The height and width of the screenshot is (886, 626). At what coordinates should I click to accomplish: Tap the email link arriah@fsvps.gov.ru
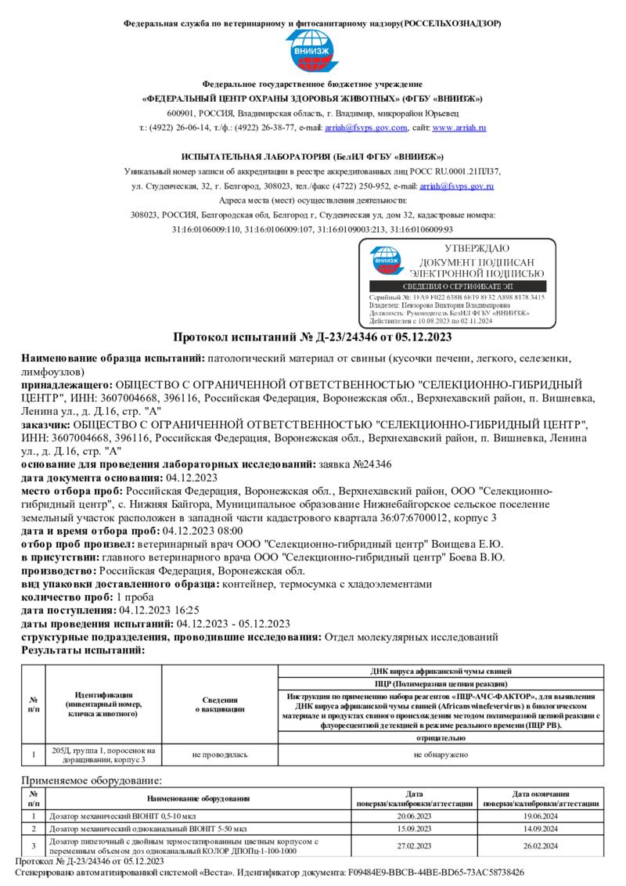click(457, 186)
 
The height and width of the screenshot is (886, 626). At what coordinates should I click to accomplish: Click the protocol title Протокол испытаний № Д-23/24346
click(312, 337)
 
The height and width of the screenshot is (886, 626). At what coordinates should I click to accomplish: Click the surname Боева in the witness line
click(462, 557)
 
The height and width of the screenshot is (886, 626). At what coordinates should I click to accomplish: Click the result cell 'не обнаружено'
click(441, 755)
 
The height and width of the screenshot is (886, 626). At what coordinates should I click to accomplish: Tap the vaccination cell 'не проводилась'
click(220, 755)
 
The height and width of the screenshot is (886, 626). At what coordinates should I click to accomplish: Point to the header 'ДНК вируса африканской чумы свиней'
click(441, 672)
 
